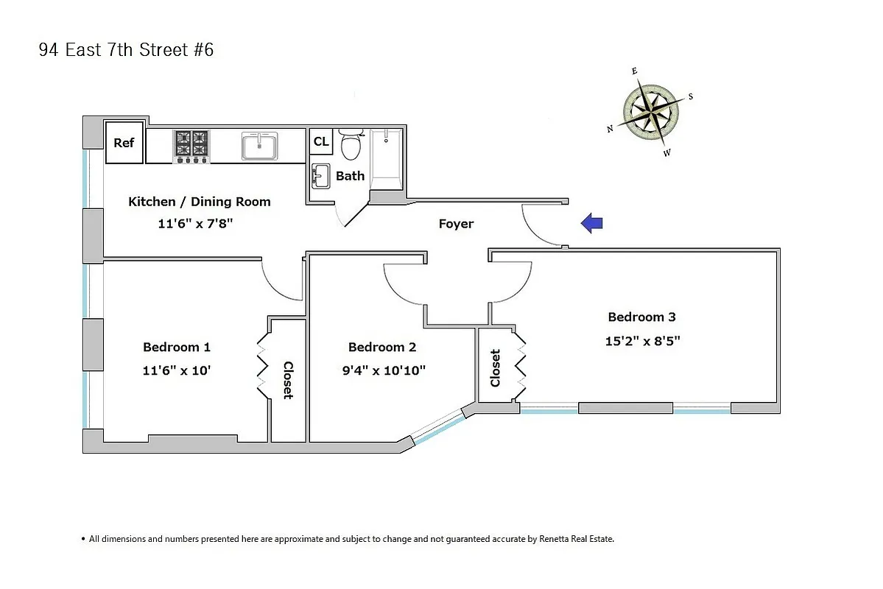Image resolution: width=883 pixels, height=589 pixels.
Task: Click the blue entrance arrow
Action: [592, 223]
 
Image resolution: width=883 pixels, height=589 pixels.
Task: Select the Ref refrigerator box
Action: [124, 143]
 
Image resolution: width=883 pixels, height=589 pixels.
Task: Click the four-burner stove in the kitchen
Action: [191, 146]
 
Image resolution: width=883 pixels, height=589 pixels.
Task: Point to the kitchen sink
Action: [259, 146]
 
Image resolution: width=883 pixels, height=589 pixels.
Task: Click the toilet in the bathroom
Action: [351, 144]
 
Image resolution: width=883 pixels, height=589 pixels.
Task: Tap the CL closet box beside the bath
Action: [321, 141]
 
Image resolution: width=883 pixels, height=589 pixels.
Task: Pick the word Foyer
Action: [456, 224]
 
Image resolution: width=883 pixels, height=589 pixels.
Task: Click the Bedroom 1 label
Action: [177, 347]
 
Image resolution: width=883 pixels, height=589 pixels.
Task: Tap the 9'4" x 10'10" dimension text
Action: [383, 370]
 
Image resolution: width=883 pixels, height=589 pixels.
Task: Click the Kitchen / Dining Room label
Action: [199, 202]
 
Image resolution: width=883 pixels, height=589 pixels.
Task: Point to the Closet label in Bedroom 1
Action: [288, 380]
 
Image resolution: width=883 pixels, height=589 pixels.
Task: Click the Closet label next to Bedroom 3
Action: [495, 367]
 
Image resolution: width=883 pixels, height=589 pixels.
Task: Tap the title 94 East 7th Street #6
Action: [126, 50]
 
